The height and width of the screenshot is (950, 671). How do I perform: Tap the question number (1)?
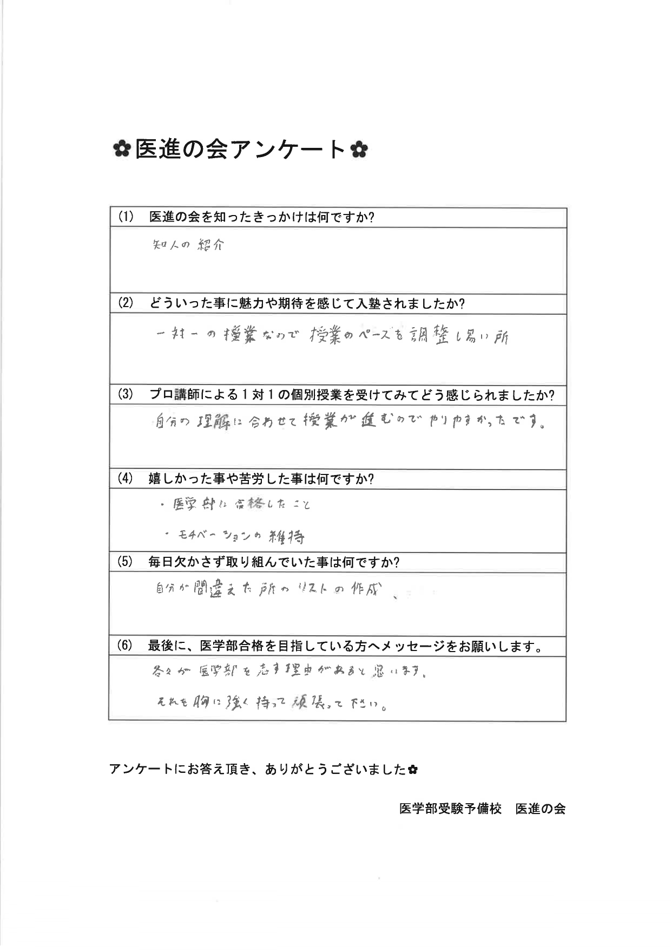point(126,218)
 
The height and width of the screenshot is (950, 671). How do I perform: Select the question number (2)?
point(126,303)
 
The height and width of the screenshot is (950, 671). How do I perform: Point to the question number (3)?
point(126,395)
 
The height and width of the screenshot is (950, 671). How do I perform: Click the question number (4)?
point(126,479)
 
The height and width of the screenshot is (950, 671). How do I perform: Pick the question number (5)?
point(126,562)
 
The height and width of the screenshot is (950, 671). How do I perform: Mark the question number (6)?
point(126,646)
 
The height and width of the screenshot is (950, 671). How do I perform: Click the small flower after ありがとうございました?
point(413,769)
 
